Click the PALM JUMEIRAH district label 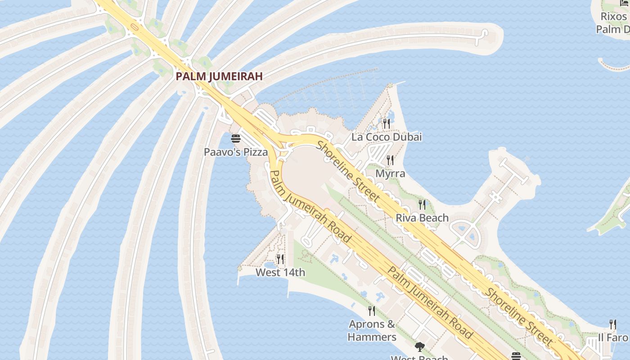219,76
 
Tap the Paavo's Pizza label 236,152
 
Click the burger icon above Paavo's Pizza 236,139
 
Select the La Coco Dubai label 387,137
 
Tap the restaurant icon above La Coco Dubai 387,123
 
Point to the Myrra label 390,173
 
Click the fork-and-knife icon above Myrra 390,160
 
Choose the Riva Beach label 422,218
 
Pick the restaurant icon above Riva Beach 422,205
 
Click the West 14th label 280,272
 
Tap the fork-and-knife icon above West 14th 280,259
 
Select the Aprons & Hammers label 372,330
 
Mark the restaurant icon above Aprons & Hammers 372,310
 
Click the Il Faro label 613,337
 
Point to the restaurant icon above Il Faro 612,324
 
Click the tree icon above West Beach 420,347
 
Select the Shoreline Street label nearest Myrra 348,171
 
